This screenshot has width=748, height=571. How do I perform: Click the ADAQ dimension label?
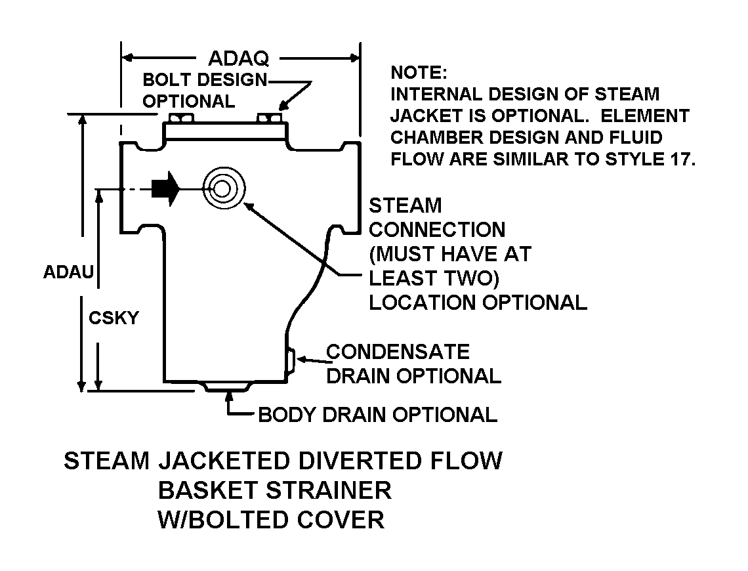238,58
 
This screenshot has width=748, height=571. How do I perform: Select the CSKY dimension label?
114,318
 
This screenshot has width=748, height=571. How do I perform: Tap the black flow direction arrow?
165,189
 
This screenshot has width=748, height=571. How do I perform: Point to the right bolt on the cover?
270,118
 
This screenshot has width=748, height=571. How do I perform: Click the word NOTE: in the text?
418,72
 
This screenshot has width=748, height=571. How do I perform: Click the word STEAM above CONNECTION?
405,205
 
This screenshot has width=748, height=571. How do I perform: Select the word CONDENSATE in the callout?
398,352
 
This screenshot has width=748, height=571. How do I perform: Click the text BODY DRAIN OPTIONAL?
377,415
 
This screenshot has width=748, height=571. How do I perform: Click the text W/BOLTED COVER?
271,520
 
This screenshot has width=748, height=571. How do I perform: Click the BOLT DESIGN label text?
205,80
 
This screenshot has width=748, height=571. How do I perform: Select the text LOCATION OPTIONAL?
478,303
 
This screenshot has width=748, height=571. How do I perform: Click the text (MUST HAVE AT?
450,253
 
